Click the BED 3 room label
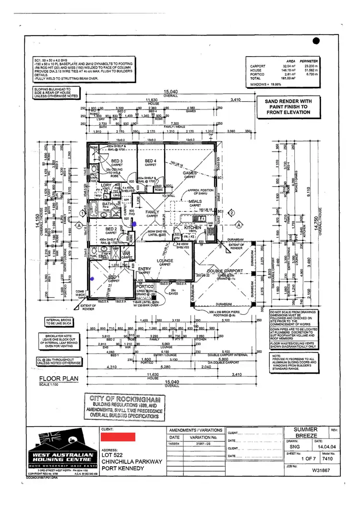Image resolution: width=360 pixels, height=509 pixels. [117, 161]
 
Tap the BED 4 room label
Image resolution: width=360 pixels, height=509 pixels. [151, 161]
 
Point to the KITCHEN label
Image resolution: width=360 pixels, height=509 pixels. [193, 227]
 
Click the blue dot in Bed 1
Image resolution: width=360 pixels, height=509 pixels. [92, 278]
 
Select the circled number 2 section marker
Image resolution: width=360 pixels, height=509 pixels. [231, 212]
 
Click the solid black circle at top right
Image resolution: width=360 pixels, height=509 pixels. [315, 41]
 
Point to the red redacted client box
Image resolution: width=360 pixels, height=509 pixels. [118, 437]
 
